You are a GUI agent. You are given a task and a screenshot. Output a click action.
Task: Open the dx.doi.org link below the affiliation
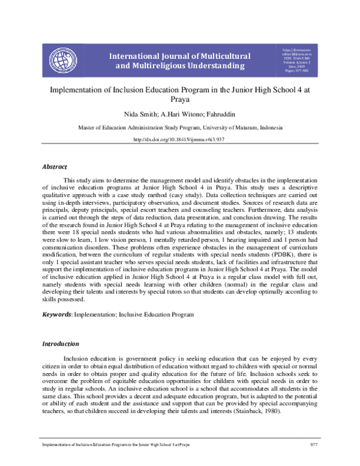[180, 140]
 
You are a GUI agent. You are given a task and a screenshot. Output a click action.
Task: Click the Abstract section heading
[54, 166]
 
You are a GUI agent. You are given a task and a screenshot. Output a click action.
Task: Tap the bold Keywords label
[55, 314]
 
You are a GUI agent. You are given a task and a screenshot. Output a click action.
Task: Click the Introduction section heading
[60, 344]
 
